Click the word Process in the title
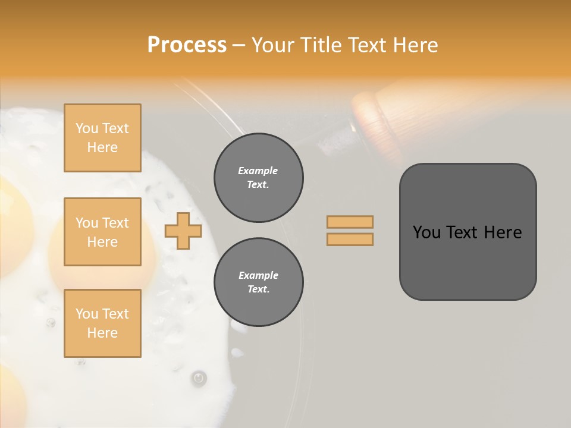(187, 45)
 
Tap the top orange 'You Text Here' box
(102, 138)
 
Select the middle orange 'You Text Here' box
(102, 232)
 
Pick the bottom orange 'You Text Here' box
(102, 323)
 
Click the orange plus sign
(183, 231)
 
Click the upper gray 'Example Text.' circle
(259, 178)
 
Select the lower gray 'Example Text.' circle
(259, 282)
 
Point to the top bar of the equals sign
(350, 222)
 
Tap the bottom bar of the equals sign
(350, 239)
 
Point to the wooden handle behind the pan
(381, 113)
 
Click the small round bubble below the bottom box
(199, 377)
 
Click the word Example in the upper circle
(258, 171)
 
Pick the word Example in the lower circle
(258, 275)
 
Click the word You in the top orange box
(87, 128)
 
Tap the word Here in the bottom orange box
(102, 333)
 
